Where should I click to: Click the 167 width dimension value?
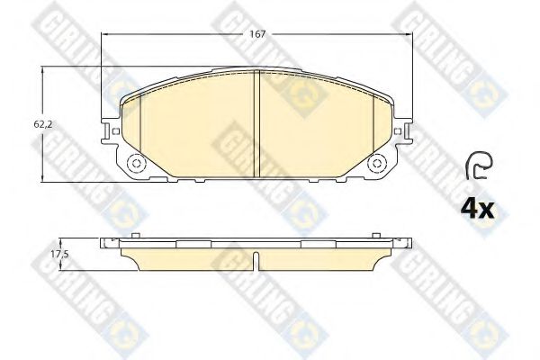(258, 34)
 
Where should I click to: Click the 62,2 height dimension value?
(42, 125)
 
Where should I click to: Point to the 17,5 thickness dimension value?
(60, 255)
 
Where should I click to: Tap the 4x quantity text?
(478, 209)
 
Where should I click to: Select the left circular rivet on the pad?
(136, 163)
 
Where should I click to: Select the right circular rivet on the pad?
(377, 163)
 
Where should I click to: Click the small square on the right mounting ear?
(398, 131)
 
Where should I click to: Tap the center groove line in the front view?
(256, 124)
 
